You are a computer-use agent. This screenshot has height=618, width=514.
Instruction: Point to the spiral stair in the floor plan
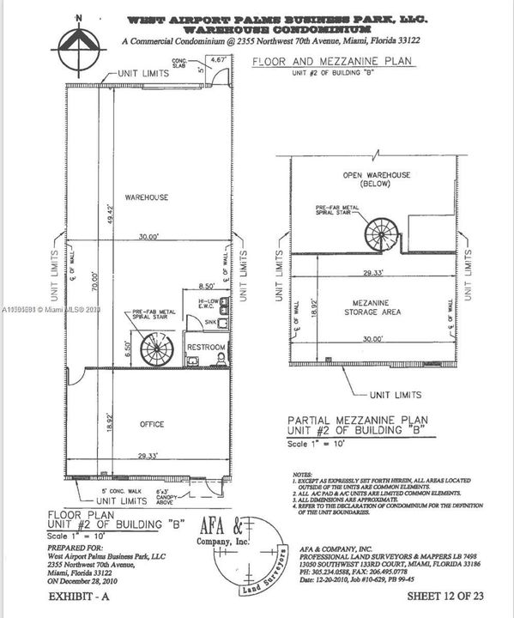pyautogui.click(x=157, y=351)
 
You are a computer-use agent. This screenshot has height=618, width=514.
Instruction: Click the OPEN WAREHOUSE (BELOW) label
pyautogui.click(x=377, y=179)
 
